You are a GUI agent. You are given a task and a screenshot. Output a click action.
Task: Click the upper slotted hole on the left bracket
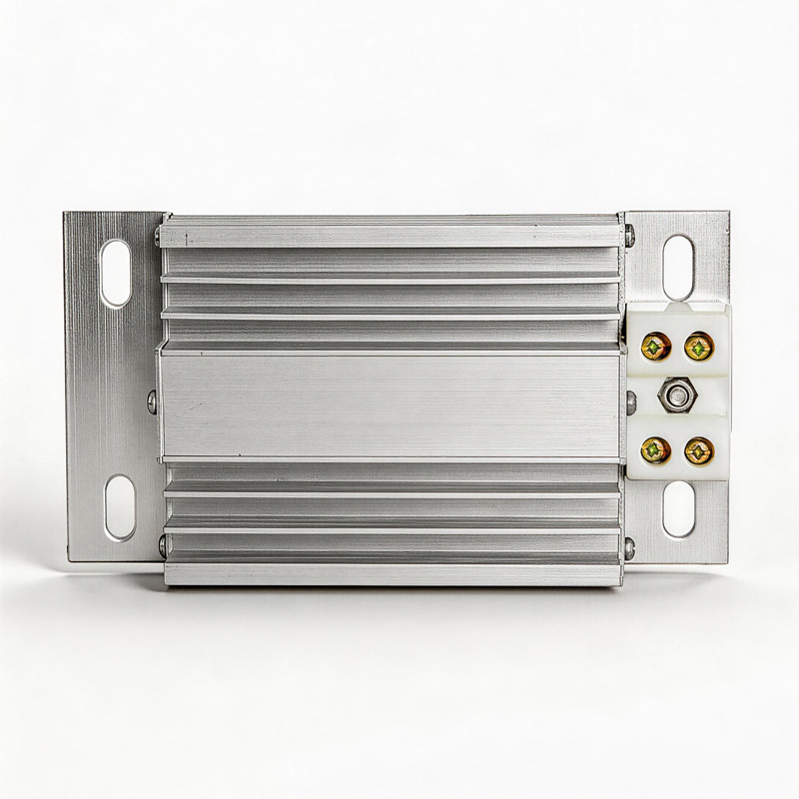(116, 272)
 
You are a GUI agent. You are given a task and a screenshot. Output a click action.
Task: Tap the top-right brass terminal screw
(697, 348)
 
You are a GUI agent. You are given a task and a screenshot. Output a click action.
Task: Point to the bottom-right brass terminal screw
(697, 450)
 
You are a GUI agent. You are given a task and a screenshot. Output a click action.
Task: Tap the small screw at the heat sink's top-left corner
(159, 237)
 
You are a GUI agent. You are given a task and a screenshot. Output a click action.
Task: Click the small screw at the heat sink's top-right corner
(629, 237)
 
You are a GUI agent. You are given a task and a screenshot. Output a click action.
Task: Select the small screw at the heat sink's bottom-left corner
(161, 545)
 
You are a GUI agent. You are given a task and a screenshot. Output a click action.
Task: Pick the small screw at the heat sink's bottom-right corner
(629, 545)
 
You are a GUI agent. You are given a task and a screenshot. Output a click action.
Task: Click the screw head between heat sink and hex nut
(632, 399)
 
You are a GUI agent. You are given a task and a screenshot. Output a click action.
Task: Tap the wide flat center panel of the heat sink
(390, 404)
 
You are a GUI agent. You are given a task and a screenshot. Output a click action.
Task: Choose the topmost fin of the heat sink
(390, 236)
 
